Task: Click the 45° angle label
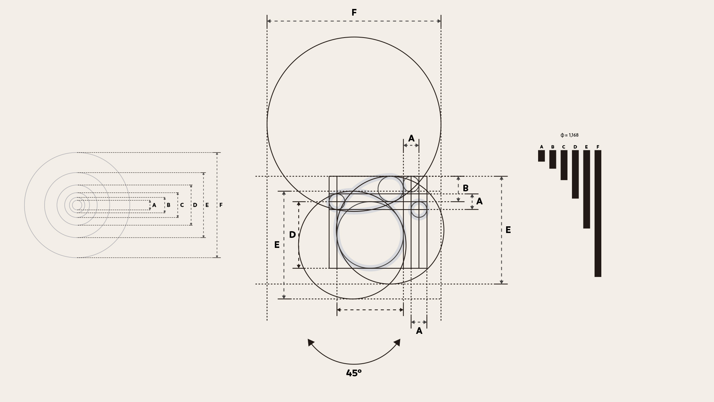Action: (354, 373)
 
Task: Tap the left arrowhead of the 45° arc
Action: (311, 342)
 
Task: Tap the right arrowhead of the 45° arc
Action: (397, 342)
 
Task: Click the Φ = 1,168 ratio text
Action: (569, 135)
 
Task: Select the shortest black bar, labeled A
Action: (541, 156)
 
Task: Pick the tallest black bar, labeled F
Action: (598, 214)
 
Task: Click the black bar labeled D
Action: (575, 174)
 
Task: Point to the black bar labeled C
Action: (564, 165)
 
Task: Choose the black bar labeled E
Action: (587, 189)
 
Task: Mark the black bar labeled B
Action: (553, 159)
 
